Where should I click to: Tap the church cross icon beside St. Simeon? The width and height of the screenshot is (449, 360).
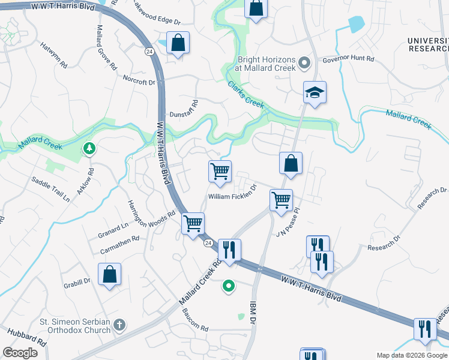[x=119, y=325]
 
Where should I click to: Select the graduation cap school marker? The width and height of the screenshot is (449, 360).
[x=315, y=93]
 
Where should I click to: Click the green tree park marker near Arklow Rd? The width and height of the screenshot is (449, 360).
[x=89, y=148]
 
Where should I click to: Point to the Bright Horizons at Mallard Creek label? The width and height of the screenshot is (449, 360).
[x=267, y=64]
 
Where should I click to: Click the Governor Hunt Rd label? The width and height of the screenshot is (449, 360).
[x=348, y=59]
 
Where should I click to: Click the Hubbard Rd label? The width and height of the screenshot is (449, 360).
[x=26, y=337]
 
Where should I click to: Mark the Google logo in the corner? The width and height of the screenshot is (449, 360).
[x=20, y=353]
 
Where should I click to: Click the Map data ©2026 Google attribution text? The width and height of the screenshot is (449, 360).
[x=411, y=355]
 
